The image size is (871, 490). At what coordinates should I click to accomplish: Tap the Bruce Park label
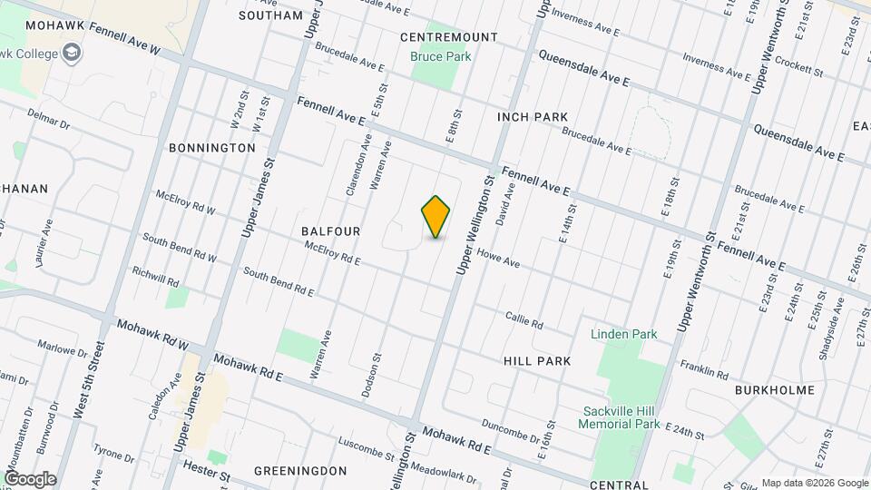(x=441, y=56)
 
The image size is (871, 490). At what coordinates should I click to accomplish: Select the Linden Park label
(x=623, y=334)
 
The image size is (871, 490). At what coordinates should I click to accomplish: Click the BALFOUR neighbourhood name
(x=331, y=231)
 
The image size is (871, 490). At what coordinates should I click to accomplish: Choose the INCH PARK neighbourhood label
(x=533, y=117)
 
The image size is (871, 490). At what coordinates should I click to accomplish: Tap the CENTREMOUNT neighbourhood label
(x=449, y=37)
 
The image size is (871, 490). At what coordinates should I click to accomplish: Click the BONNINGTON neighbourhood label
(x=212, y=147)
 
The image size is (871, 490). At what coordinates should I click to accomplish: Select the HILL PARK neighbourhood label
(x=537, y=361)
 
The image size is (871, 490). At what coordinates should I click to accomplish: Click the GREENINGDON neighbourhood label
(x=300, y=471)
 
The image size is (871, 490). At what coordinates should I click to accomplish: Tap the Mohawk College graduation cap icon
(x=71, y=54)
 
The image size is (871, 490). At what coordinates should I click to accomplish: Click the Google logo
(x=30, y=479)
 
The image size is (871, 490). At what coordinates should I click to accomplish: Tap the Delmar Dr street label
(x=48, y=119)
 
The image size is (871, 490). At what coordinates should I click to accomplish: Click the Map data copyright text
(x=813, y=483)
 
